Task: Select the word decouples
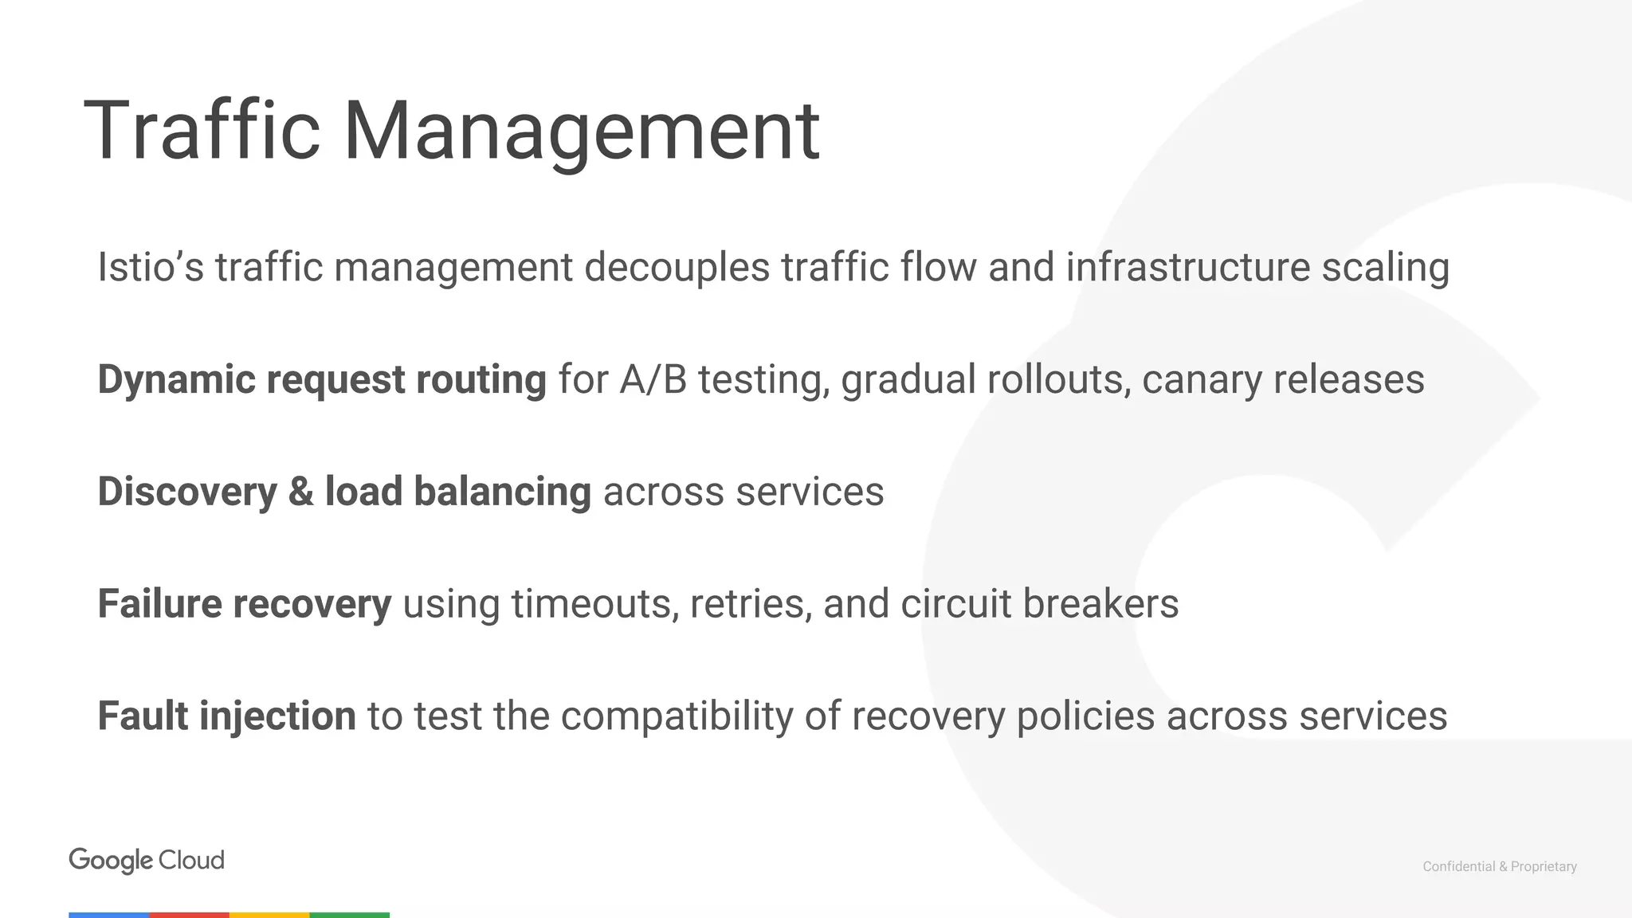(x=677, y=268)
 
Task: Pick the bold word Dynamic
(x=176, y=380)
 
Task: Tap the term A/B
(x=653, y=379)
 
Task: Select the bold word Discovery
(x=186, y=492)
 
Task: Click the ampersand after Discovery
(x=300, y=492)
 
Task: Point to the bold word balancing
(x=502, y=492)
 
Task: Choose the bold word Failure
(x=159, y=603)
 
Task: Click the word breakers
(x=1100, y=603)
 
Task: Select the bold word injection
(x=277, y=716)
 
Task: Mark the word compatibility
(x=677, y=716)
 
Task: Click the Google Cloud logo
(x=147, y=861)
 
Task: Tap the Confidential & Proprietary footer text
(x=1499, y=866)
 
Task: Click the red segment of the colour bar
(x=190, y=915)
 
